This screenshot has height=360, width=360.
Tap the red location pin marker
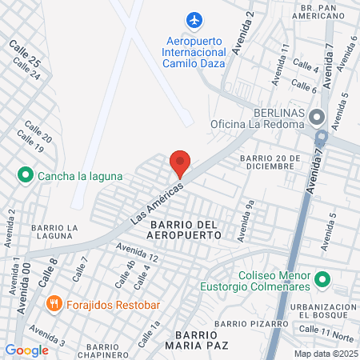pos(180,163)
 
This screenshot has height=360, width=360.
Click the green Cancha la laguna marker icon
pos(24,174)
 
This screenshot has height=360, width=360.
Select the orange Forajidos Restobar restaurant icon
pos(77,304)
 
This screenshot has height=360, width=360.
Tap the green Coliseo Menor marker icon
pos(322,279)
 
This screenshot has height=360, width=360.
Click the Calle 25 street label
pos(24,54)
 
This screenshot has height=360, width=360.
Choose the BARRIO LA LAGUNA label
pos(54,232)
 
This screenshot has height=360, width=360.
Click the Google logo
pos(26,350)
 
